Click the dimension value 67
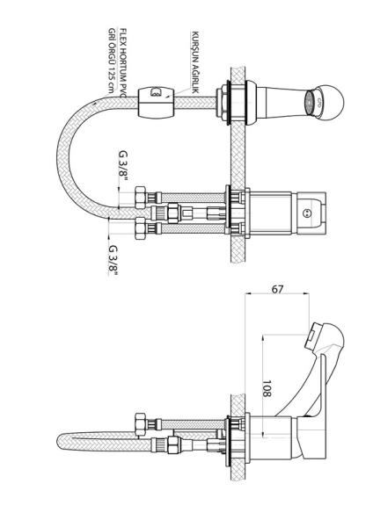pos(277,289)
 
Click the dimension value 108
pos(267,388)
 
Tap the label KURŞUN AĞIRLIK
pos(195,62)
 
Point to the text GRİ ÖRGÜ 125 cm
pos(112,61)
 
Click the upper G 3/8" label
pos(123,166)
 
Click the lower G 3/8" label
pos(113,260)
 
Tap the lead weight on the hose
pos(157,102)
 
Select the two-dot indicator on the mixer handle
pos(306,213)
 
